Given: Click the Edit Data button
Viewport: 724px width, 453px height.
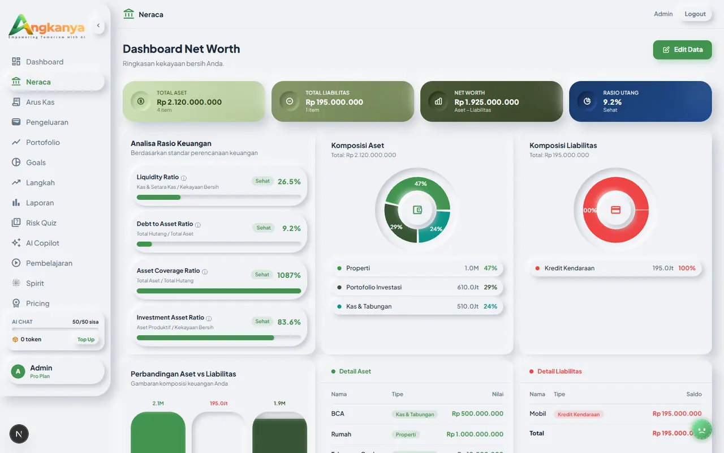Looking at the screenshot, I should click(682, 50).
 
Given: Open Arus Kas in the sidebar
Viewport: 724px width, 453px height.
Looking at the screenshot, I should click(40, 102).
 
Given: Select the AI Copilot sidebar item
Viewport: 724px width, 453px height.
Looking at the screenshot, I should click(42, 243).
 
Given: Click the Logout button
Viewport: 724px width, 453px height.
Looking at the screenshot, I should click(695, 14).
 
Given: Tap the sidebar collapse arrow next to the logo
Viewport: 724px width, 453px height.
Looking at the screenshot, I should click(98, 25).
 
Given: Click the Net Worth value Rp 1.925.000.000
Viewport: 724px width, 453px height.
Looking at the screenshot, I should click(486, 102).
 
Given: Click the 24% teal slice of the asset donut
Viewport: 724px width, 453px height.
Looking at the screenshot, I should click(438, 226).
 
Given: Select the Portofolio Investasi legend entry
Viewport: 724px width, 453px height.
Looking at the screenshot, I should click(374, 287).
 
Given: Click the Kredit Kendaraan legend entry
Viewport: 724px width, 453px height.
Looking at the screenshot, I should click(569, 268).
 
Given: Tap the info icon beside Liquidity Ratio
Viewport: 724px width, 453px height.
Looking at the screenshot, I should click(184, 178).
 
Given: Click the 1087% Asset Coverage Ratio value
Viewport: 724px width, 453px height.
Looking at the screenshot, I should click(288, 275).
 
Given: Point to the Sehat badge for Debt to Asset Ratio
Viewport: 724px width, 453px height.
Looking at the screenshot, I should click(264, 228).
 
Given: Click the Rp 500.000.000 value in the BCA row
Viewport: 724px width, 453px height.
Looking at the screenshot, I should click(477, 414).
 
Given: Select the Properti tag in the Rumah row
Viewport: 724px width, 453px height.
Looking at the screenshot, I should click(406, 435).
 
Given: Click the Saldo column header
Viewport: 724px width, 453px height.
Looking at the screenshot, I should click(693, 394).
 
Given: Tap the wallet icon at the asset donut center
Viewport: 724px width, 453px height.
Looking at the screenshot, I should click(417, 210).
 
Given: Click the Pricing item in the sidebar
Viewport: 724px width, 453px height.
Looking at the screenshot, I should click(37, 304).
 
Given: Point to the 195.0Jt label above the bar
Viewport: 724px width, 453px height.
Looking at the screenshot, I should click(218, 404).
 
